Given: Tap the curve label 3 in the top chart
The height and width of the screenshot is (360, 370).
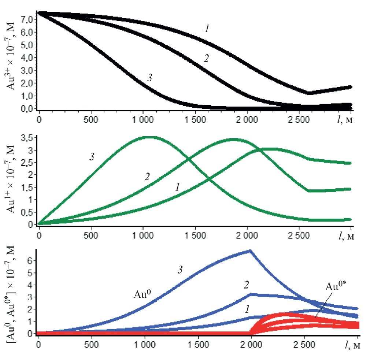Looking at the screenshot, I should [149, 77].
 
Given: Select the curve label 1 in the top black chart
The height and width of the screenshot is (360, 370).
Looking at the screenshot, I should [207, 29].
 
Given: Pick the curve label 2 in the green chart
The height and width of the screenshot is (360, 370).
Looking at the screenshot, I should [147, 177].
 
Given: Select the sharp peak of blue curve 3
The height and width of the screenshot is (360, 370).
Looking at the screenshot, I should [250, 251].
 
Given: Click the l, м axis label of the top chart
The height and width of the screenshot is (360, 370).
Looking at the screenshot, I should [345, 119].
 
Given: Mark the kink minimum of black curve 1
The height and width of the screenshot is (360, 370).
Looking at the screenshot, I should [309, 93].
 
